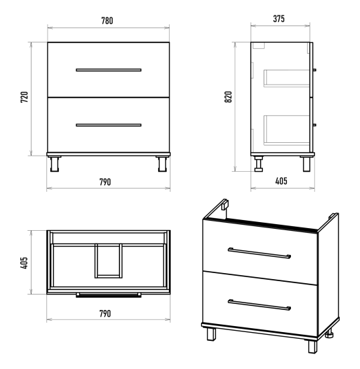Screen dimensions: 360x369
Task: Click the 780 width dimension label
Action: click(x=107, y=21)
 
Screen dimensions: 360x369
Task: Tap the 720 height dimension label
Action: click(x=24, y=97)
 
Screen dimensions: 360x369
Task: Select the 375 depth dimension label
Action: click(x=279, y=19)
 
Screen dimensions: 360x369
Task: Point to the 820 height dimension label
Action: click(x=229, y=97)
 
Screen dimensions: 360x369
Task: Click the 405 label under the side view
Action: click(x=281, y=181)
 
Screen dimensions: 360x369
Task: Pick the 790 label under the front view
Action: click(x=105, y=182)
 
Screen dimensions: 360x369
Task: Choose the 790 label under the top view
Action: click(x=105, y=313)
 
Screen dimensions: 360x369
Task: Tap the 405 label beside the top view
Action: click(x=24, y=263)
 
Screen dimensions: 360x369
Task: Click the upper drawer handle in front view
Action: click(x=109, y=70)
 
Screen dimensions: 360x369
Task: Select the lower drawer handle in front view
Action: click(x=109, y=125)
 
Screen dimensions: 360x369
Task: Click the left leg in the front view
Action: click(x=54, y=164)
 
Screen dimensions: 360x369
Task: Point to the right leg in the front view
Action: click(x=162, y=164)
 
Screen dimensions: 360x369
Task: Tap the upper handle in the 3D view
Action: click(x=259, y=253)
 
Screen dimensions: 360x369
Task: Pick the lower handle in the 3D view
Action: click(x=259, y=305)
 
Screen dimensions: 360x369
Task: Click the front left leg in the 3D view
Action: click(x=211, y=334)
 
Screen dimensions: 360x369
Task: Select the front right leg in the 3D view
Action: click(x=312, y=347)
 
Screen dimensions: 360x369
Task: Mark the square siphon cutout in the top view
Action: click(x=109, y=260)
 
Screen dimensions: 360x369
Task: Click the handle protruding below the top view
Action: click(x=109, y=295)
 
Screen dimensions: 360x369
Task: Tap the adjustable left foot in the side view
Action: click(x=258, y=164)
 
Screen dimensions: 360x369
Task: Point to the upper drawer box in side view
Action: click(x=287, y=78)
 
